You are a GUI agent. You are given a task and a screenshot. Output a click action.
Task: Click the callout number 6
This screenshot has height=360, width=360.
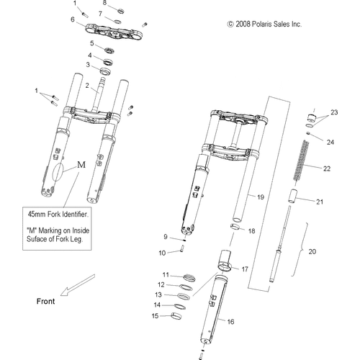tap(73, 19)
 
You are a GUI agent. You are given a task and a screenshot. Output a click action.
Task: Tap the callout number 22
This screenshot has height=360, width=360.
tap(327, 168)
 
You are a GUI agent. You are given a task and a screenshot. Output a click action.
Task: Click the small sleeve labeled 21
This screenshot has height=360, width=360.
tap(292, 196)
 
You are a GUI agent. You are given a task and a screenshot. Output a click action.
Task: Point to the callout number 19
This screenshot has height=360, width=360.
tap(261, 197)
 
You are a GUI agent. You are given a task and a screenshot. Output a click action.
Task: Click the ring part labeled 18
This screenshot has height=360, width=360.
tap(235, 226)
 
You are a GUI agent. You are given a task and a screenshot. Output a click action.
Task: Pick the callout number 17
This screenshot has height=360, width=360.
tap(245, 269)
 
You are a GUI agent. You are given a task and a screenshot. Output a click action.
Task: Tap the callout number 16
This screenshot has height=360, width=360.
tap(230, 322)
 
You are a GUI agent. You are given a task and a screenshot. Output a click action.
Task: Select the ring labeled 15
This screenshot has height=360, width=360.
tap(176, 316)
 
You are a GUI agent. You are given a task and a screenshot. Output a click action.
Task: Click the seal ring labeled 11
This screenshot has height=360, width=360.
tap(189, 278)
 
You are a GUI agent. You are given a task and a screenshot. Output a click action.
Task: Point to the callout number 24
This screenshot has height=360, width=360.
tap(330, 143)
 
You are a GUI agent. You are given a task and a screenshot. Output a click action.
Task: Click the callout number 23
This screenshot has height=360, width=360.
tap(334, 112)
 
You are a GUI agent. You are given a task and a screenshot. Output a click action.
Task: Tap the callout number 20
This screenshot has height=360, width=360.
tap(312, 252)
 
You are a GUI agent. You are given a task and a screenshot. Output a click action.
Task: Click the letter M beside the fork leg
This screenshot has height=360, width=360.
tap(81, 165)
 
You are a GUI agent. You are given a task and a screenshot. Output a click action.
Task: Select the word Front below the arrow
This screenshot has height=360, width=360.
tap(45, 301)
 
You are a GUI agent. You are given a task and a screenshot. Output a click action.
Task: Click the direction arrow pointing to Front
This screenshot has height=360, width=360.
tap(77, 285)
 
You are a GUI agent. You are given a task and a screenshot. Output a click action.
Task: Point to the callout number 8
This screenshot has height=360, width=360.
tap(104, 3)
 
